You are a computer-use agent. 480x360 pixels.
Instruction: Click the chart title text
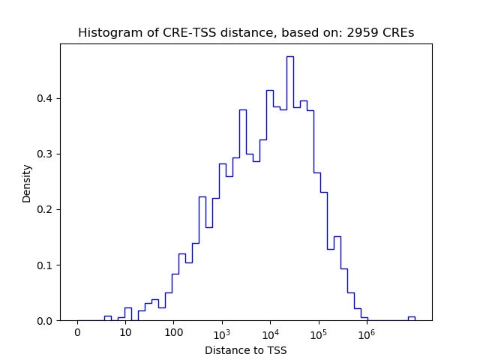[x=246, y=33]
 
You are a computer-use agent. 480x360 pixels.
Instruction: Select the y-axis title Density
[x=27, y=183]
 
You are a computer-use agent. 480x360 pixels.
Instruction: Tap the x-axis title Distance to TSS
[x=246, y=350]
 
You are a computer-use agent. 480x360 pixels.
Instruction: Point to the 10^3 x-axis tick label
[x=222, y=333]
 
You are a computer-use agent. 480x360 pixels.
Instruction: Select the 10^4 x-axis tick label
[x=270, y=333]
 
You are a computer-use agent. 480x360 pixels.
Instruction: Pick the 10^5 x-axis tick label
[x=318, y=333]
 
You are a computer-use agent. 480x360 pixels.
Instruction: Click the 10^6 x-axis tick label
[x=366, y=333]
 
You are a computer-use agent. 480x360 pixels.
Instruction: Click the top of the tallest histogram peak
[x=290, y=57]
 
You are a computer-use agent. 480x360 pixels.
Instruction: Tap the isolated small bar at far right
[x=411, y=318]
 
